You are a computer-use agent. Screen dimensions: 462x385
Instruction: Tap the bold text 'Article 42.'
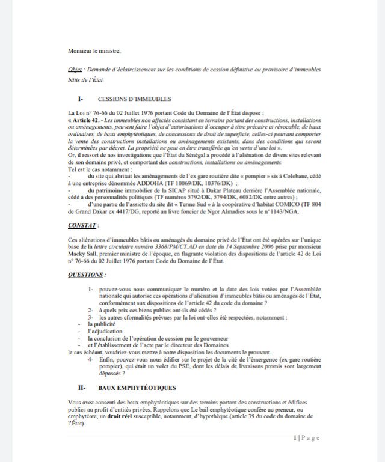pos(87,120)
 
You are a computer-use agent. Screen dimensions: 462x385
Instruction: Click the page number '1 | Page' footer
pos(307,437)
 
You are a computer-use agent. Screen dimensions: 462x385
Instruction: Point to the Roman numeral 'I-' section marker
pos(80,99)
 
